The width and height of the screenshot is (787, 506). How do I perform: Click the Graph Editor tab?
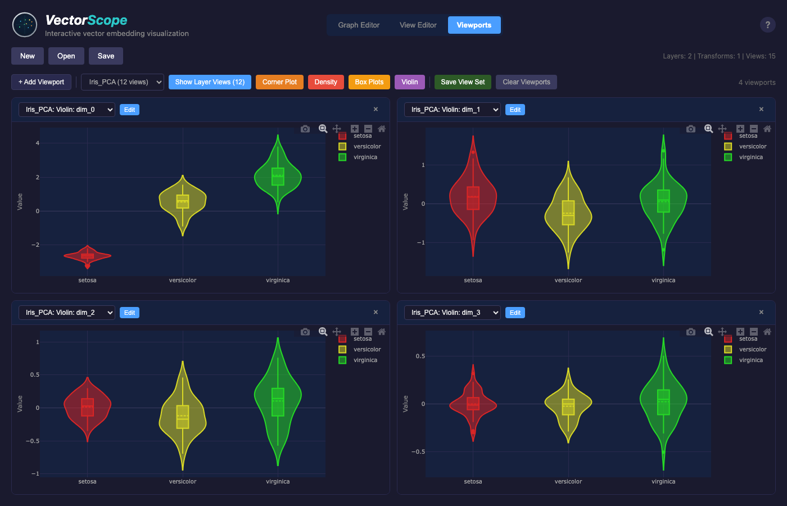click(359, 25)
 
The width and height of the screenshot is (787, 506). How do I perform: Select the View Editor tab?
click(418, 25)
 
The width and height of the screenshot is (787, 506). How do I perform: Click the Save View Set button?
click(463, 82)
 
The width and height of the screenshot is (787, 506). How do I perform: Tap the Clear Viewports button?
click(526, 82)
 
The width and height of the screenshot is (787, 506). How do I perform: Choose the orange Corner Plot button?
click(279, 82)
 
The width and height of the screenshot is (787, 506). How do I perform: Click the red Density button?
click(325, 82)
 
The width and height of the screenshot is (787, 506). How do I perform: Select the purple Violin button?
click(409, 82)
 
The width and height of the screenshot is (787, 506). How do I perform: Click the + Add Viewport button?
click(42, 82)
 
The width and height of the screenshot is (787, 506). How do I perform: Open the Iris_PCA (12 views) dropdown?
click(123, 82)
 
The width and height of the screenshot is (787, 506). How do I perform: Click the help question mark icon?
click(767, 25)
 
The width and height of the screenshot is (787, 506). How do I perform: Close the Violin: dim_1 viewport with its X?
click(761, 110)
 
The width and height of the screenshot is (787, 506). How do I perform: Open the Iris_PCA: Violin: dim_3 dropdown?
click(452, 313)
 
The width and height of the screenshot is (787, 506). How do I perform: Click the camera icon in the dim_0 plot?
click(305, 129)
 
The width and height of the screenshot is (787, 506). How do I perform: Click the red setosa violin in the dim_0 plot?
click(87, 256)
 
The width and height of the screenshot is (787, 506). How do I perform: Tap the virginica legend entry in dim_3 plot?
click(750, 360)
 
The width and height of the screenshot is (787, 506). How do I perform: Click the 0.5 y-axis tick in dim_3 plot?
click(420, 356)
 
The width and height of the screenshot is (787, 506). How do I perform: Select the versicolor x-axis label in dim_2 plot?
click(183, 482)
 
